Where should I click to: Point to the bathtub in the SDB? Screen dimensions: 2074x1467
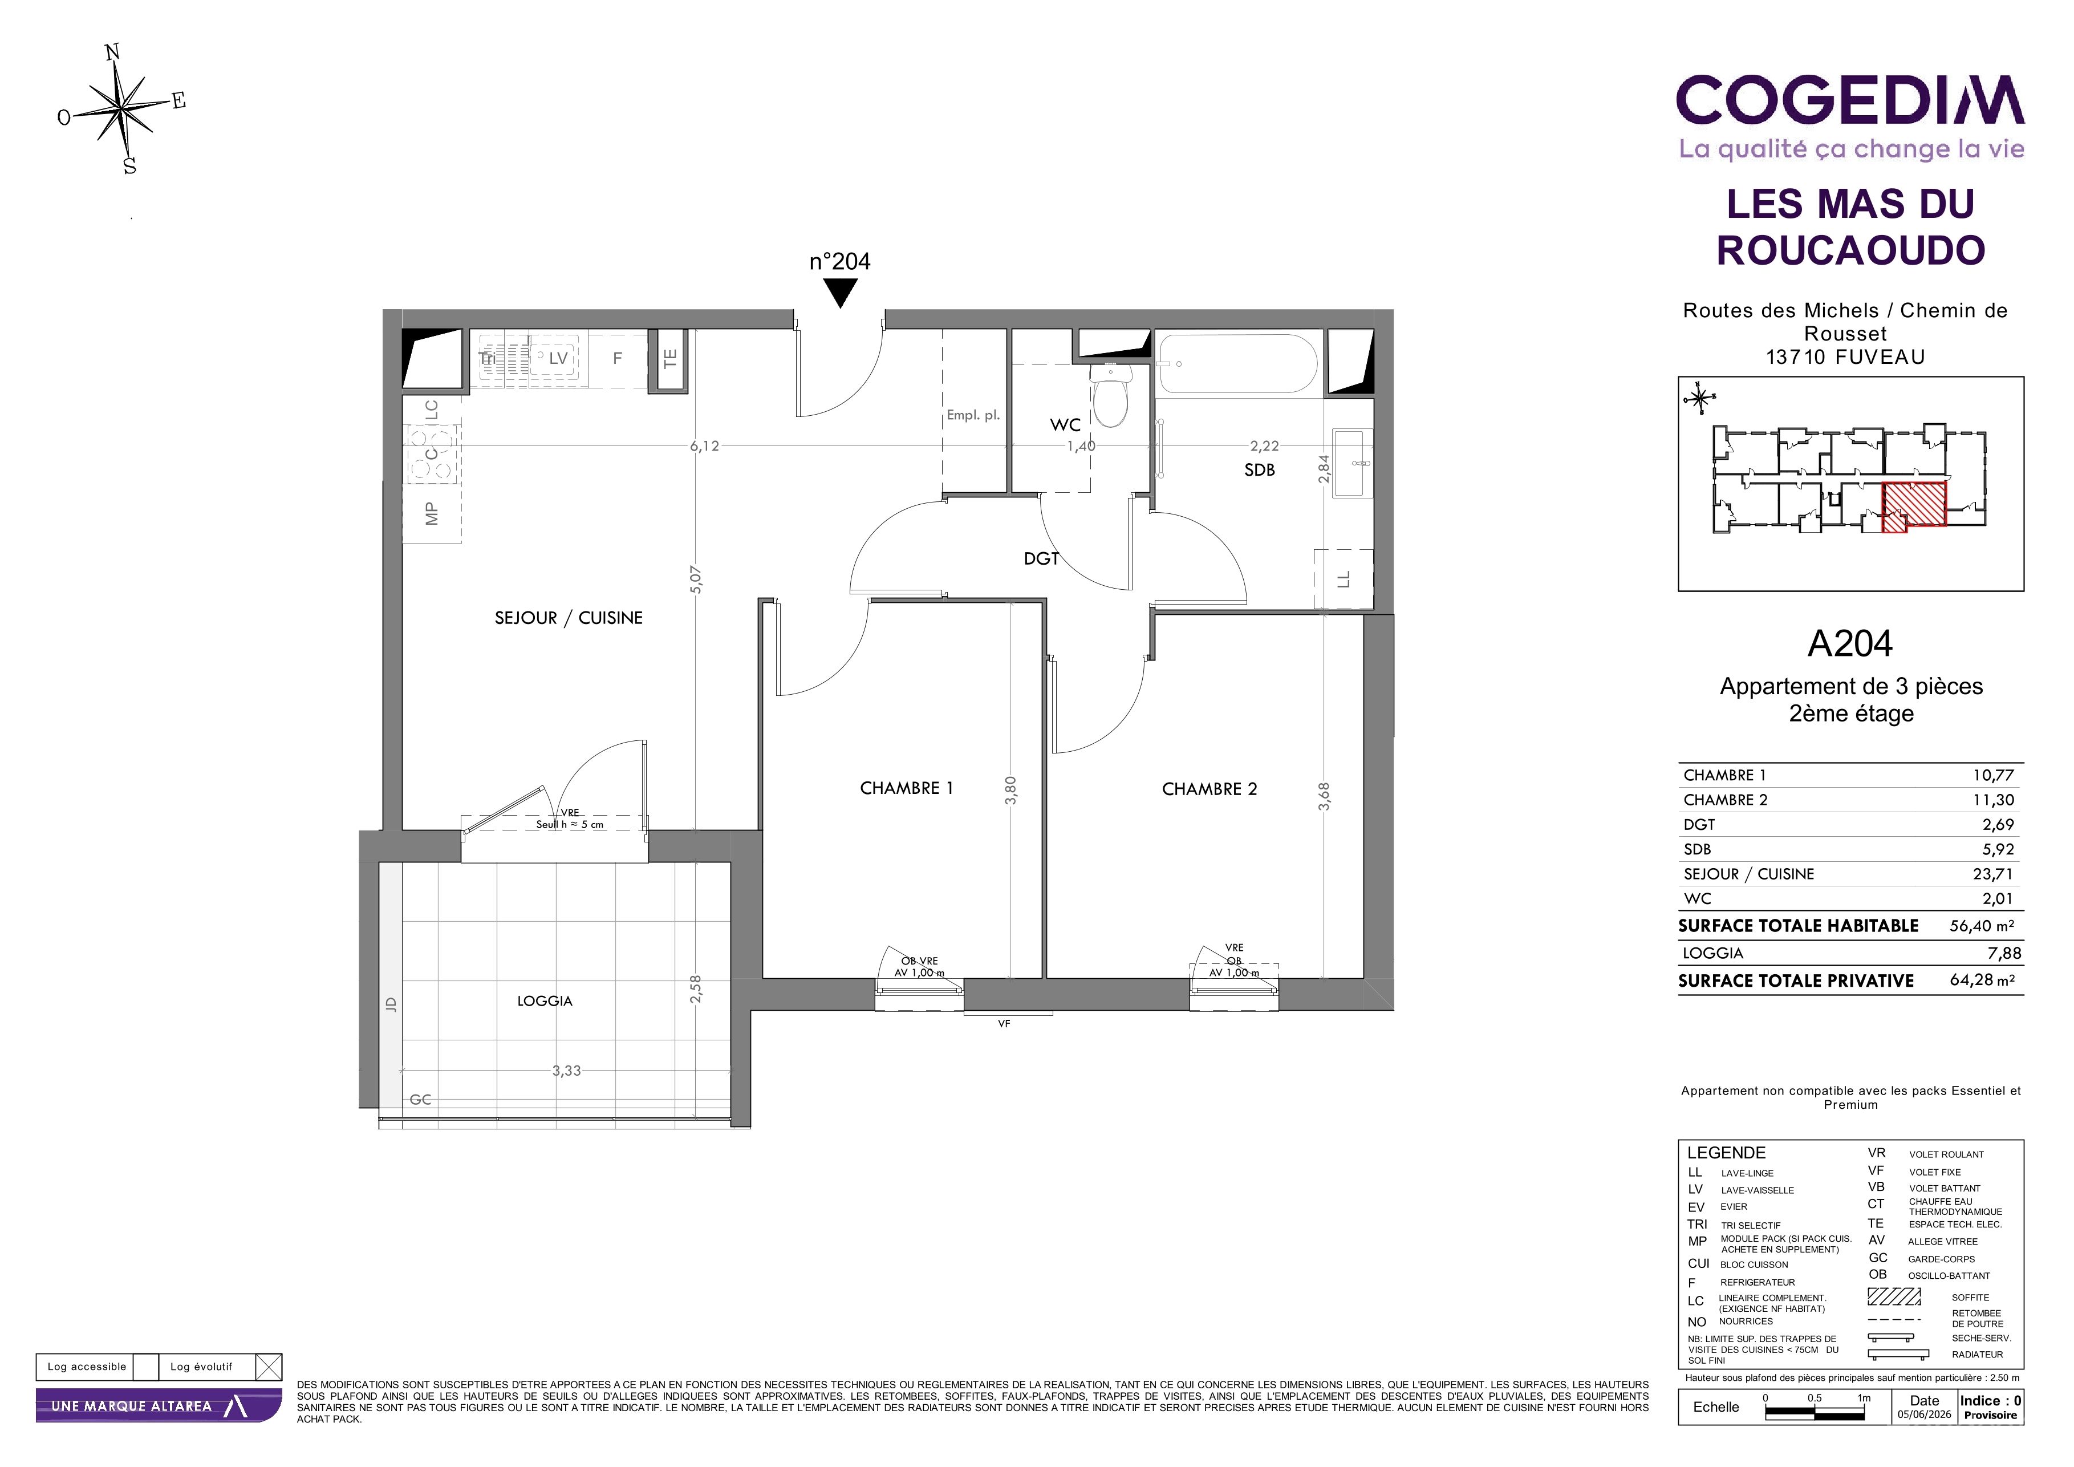click(1237, 364)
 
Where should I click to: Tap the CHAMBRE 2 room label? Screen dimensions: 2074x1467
click(1210, 789)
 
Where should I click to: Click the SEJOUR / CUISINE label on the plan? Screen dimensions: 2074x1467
click(568, 618)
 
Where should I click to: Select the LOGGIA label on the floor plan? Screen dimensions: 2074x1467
click(545, 1001)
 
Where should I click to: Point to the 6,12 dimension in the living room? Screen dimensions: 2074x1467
click(705, 445)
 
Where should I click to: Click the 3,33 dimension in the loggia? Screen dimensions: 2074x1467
click(566, 1071)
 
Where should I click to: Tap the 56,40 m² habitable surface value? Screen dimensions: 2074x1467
click(1982, 925)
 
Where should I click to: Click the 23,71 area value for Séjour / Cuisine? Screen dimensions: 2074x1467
click(1992, 873)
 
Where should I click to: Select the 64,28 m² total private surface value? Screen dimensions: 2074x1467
click(1982, 980)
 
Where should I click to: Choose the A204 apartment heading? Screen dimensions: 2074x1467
click(1850, 643)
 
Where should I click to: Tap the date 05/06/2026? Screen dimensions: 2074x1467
click(1924, 1415)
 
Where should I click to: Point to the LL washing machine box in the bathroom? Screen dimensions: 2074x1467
click(1343, 579)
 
